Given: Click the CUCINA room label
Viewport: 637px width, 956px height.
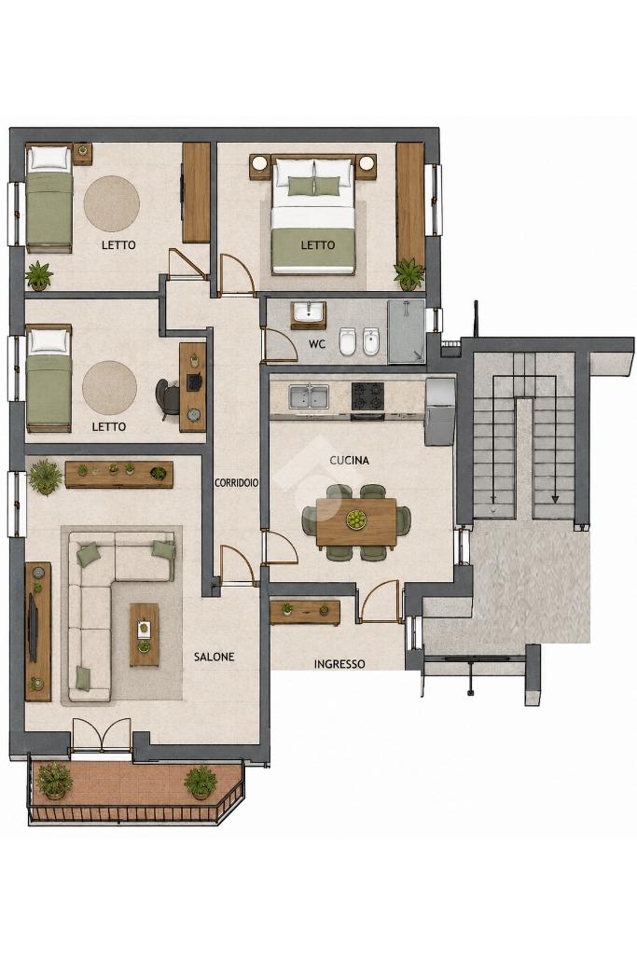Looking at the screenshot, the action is pos(350,461).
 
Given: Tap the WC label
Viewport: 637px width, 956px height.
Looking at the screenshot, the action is pos(317,344).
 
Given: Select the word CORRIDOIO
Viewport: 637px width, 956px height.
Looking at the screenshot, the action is pos(237,482).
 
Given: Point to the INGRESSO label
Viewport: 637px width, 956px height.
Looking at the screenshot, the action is pos(339,664).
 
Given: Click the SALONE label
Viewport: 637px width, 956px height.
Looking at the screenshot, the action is pos(214,657).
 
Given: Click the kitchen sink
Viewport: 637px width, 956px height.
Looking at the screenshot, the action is pos(309,396).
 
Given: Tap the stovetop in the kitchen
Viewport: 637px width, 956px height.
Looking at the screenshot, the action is pos(367,396).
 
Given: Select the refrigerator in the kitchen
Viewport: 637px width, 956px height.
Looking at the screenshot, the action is pos(439,411).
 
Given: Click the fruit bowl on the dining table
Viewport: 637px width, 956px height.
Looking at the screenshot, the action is pos(356,520).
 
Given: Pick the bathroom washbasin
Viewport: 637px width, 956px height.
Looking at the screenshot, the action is pos(309,312).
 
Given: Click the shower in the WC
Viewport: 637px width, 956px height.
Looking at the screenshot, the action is pos(406,331).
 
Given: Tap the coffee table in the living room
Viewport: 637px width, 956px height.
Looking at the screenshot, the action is pos(144,635).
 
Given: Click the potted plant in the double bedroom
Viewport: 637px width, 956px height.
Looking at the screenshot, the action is pos(409,274).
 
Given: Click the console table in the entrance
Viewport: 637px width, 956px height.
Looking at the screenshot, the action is pos(304,613).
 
